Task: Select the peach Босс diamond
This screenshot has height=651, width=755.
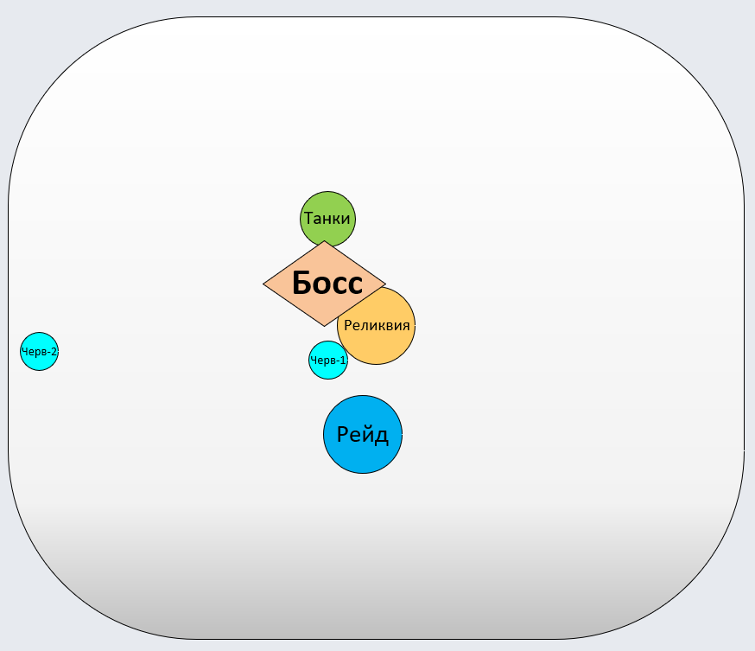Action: tap(324, 284)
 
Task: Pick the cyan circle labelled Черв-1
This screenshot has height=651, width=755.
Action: tap(328, 361)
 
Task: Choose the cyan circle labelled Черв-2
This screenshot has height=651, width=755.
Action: tap(39, 352)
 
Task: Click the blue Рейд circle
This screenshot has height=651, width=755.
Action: tap(363, 435)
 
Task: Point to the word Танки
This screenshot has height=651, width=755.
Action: tap(327, 219)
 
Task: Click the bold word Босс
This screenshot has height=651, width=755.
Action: tap(327, 284)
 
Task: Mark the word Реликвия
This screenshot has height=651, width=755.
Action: tap(377, 326)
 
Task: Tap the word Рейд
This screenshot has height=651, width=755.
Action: tap(363, 435)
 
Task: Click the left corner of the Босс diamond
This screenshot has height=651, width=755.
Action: tap(264, 284)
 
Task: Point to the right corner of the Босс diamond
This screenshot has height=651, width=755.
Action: tap(385, 284)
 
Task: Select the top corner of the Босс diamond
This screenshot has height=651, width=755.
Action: tap(324, 242)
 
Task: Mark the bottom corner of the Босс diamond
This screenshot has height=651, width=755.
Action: tap(324, 325)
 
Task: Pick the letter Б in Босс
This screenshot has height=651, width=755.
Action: tap(302, 284)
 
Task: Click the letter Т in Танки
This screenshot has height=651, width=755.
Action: tap(308, 219)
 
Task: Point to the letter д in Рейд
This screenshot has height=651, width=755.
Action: tap(382, 436)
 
